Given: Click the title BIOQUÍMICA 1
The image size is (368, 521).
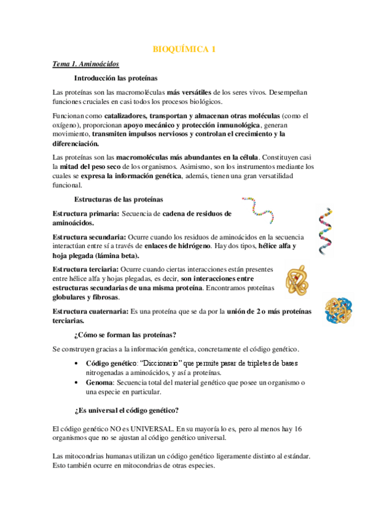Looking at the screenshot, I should [184, 50].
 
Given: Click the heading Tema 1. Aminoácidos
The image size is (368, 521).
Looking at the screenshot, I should [85, 65].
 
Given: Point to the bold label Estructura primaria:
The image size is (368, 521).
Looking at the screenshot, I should [86, 214].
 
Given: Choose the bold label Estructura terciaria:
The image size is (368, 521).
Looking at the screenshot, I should [86, 269].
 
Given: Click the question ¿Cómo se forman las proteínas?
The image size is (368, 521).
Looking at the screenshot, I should [125, 335].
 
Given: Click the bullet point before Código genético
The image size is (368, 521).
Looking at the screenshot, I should [76, 364].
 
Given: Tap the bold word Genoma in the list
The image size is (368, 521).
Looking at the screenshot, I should [100, 382].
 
